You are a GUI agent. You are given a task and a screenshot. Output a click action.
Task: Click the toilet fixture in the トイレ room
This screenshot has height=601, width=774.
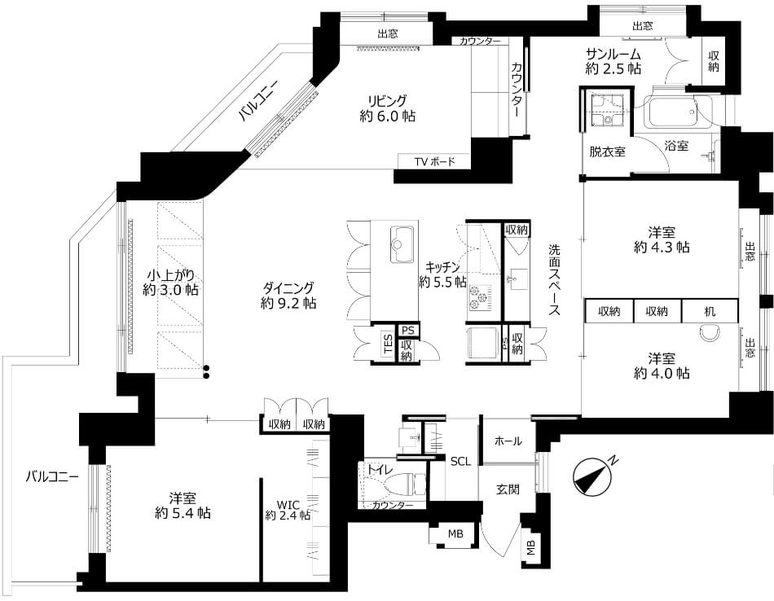point(405,484)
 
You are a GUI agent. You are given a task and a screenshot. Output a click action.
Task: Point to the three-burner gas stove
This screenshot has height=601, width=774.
point(477,297)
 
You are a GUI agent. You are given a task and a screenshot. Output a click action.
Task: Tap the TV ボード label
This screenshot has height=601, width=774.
point(434,161)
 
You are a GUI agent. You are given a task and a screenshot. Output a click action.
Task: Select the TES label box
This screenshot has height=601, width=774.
point(388,344)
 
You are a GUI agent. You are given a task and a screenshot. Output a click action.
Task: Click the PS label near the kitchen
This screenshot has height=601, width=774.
point(407,330)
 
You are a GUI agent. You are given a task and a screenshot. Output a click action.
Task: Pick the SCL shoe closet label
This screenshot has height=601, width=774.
point(460,462)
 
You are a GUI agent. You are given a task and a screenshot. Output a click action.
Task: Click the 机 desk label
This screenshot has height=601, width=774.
point(710,311)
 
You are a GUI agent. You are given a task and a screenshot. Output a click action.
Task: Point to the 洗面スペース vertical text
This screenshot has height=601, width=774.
point(554,280)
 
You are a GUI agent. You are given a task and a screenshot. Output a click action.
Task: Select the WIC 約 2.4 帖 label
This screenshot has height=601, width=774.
point(288,511)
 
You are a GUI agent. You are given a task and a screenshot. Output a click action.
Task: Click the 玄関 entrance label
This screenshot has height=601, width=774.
point(508,489)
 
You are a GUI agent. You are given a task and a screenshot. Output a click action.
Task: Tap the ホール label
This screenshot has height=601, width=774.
point(508,441)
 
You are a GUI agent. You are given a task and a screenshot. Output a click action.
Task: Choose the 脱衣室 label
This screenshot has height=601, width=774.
point(607,151)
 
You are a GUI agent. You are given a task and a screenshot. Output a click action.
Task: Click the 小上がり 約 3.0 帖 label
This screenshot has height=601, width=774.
point(171,282)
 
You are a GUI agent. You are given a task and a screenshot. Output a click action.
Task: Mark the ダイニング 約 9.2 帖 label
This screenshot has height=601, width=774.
point(288,295)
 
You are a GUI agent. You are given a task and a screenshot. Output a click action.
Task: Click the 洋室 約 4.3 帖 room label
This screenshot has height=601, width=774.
point(662,239)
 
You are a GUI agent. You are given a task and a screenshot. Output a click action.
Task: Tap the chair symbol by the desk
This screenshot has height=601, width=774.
point(710,332)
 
